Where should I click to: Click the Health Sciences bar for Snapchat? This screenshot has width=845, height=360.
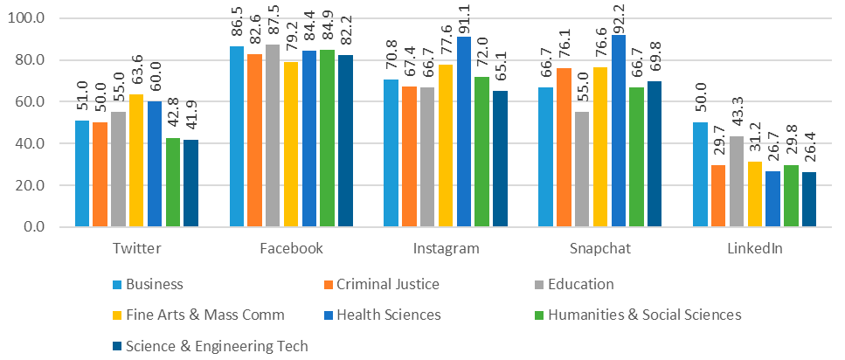(618, 131)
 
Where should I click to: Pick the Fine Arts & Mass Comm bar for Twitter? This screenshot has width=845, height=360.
(136, 161)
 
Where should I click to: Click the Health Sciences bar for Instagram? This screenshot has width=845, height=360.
(463, 132)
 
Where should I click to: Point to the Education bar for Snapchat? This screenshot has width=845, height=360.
(582, 170)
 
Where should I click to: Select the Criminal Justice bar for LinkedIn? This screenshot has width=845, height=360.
(718, 196)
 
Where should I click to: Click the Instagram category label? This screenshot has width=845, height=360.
(446, 249)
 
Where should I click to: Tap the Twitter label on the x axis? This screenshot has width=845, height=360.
(136, 249)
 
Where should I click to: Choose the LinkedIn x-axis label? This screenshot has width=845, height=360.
(755, 249)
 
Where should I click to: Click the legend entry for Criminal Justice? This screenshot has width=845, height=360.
(385, 284)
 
